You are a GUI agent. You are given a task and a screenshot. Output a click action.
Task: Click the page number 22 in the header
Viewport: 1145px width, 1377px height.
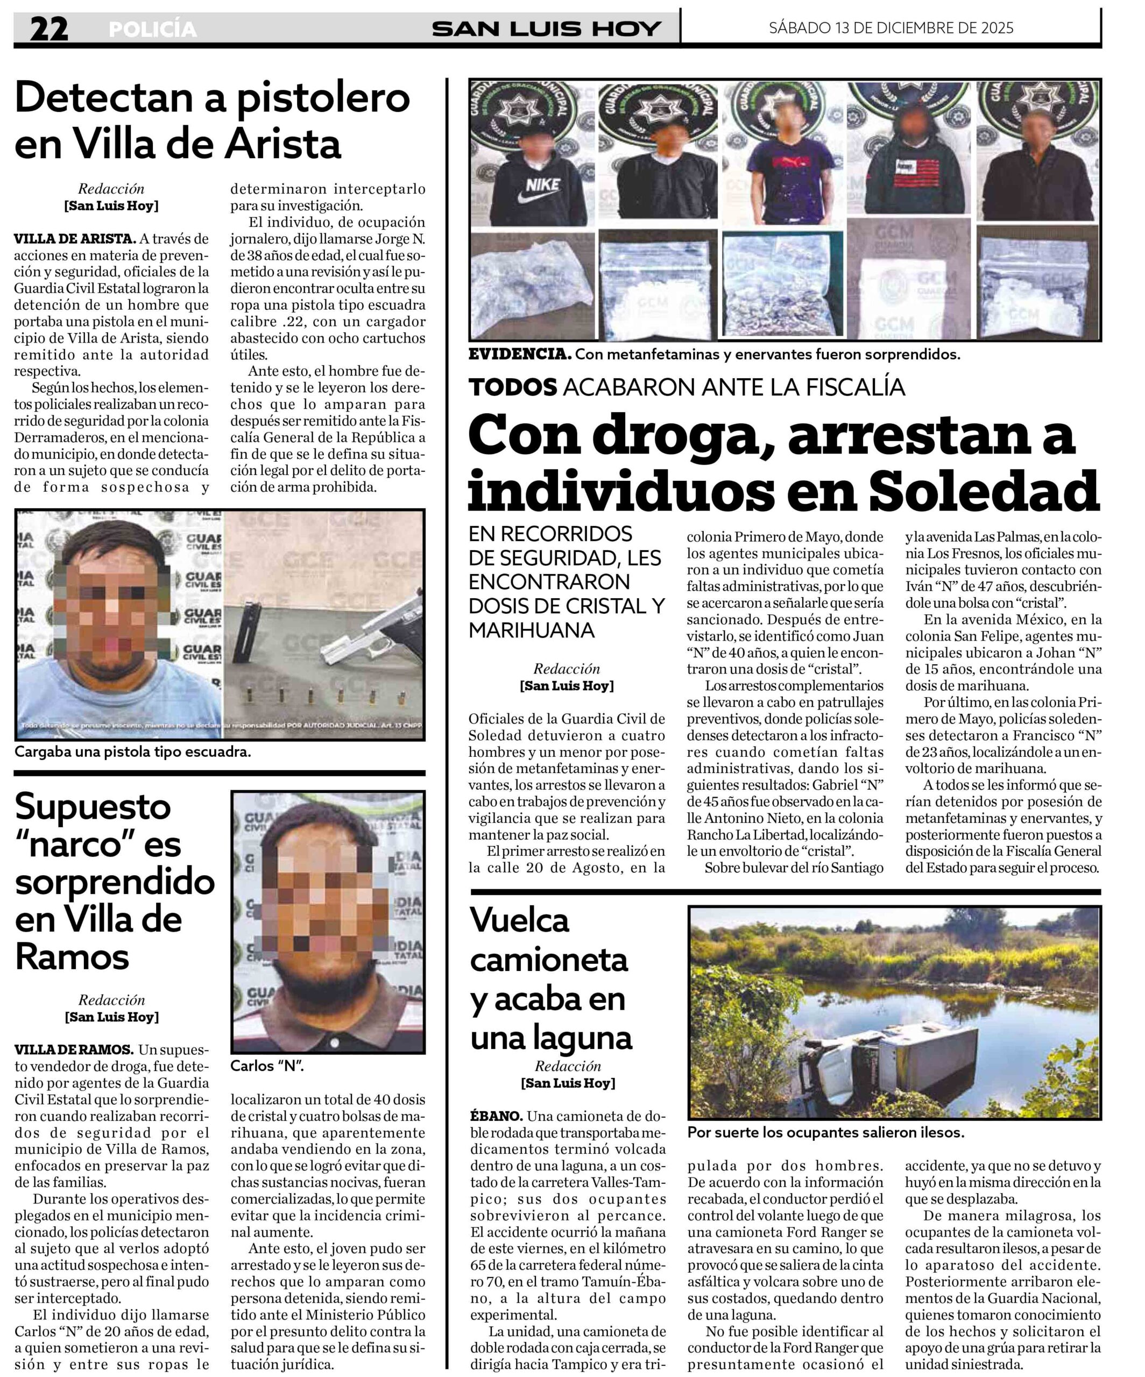(48, 29)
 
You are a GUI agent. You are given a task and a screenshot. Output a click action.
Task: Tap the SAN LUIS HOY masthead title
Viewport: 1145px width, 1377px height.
(546, 29)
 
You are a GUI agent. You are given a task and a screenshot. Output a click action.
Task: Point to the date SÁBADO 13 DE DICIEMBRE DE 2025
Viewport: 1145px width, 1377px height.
(891, 28)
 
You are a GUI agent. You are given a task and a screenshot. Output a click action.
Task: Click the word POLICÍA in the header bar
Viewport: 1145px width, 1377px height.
(152, 30)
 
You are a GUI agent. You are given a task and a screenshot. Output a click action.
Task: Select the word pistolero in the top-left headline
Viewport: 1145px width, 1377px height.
(323, 98)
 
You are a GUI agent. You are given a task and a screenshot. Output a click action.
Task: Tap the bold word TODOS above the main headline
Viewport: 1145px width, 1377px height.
(513, 387)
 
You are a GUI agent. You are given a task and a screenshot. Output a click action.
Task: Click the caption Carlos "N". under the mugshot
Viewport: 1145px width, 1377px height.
(267, 1066)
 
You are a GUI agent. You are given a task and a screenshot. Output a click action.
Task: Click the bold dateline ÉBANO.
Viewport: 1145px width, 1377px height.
(496, 1116)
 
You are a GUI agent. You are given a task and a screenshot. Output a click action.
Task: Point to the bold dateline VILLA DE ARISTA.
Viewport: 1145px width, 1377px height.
(75, 239)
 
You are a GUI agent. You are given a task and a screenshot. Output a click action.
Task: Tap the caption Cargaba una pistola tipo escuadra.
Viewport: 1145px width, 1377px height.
(132, 752)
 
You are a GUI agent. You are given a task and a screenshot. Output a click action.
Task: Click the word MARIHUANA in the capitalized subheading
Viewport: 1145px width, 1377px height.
(531, 630)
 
